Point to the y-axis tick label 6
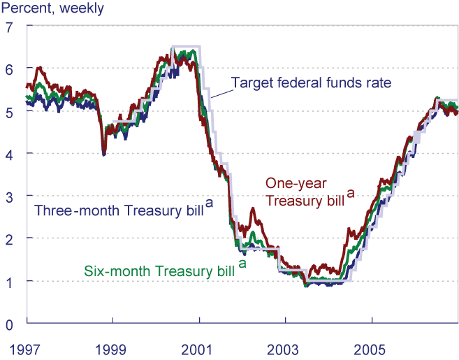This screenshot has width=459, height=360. pos(9,69)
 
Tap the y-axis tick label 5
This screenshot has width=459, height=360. pos(9,112)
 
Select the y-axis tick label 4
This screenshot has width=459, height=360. pos(9,154)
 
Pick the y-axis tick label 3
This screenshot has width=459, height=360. pos(9,196)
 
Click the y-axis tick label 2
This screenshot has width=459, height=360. pos(9,238)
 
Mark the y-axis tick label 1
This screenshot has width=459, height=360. pos(9,281)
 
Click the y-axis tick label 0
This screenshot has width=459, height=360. pos(9,324)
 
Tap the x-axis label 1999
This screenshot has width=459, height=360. pos(113,347)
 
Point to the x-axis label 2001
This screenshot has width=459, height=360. pos(199,347)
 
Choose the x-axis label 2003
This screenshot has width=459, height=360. pos(286,347)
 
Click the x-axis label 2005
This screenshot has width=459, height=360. pos(372,347)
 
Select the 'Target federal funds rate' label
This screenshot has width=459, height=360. pos(311,83)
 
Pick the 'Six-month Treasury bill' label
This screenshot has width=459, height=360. pos(159,271)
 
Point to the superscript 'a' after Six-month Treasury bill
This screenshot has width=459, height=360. pos(242,264)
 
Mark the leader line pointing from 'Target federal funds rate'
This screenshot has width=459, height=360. pos(220,92)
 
